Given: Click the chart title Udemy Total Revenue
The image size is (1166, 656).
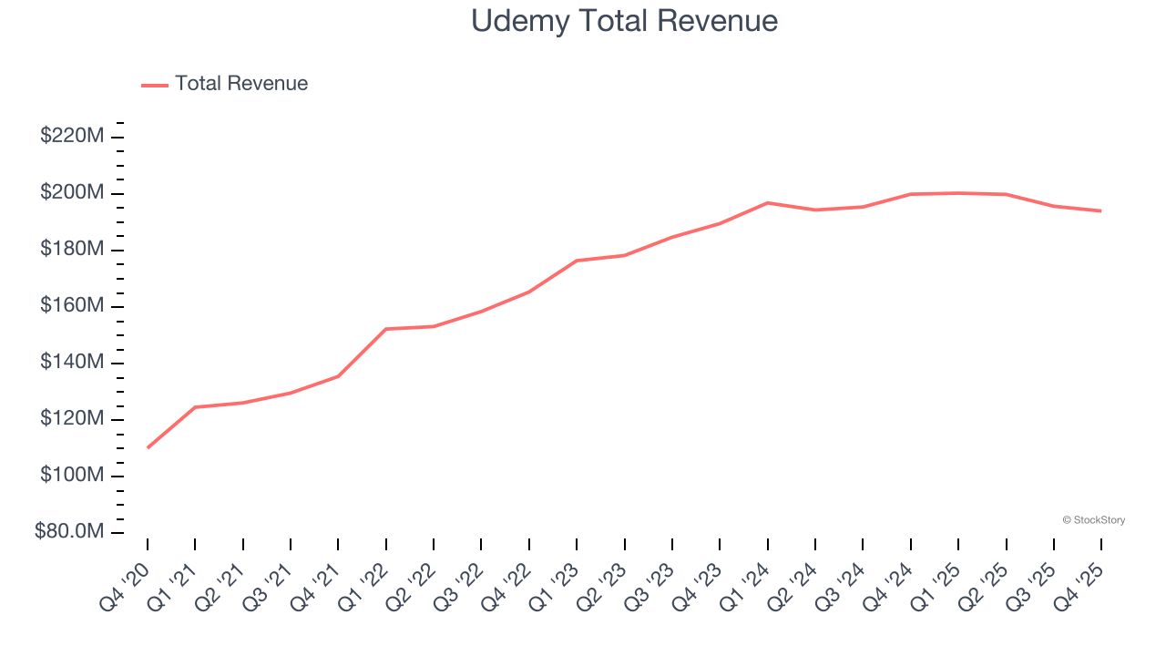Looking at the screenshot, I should [x=624, y=21].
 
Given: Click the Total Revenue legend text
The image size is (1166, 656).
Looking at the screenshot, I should [x=241, y=84].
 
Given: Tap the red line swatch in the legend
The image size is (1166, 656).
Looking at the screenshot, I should [x=155, y=85].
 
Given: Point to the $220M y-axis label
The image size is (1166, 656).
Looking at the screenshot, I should [x=71, y=137].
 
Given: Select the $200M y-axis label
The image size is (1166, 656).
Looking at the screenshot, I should [x=71, y=193].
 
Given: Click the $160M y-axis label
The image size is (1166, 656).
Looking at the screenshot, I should [x=71, y=306].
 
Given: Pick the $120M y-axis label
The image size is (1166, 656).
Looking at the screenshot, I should [x=71, y=419].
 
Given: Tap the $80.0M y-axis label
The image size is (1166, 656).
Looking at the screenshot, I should [x=69, y=532].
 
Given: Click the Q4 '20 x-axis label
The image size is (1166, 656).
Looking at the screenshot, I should [x=128, y=577].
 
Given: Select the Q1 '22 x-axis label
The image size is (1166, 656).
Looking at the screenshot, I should [x=367, y=577].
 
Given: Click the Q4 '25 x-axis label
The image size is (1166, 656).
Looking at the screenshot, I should [x=1082, y=577].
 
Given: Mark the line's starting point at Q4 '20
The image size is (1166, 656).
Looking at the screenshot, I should [x=148, y=447].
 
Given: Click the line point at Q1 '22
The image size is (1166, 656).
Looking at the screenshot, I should [x=386, y=329].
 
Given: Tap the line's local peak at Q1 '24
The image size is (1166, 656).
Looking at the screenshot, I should [x=768, y=202].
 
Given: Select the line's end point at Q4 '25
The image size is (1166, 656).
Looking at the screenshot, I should [x=1101, y=210].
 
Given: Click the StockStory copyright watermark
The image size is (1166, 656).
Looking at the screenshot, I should [x=1093, y=520].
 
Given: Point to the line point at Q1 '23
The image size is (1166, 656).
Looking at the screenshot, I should [x=577, y=261].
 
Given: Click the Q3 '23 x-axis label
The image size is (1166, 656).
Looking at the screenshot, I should [x=653, y=577].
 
